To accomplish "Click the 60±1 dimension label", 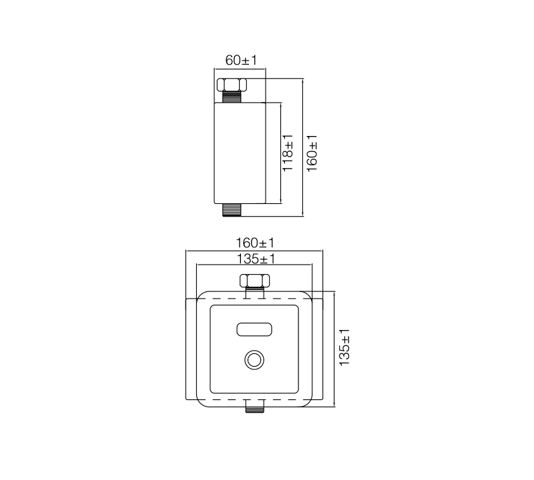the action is (241, 60).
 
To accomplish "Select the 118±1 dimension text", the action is (288, 153).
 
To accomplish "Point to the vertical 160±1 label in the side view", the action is (312, 153).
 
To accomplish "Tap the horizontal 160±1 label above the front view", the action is (255, 243).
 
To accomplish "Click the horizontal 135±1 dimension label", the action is (256, 259).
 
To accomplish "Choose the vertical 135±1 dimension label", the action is (344, 347).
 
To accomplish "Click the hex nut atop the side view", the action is (232, 85).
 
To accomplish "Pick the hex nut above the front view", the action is (255, 281).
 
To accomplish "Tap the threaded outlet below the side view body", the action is (232, 210).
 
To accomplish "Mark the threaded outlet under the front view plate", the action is (255, 406).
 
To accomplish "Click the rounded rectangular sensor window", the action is (254, 329).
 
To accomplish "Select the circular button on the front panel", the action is (254, 360).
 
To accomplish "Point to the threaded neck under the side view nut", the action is (232, 97).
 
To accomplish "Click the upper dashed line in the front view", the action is (254, 299).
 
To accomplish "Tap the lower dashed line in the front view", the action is (254, 399).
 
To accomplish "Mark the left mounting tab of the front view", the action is (191, 349).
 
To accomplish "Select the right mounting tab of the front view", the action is (318, 349).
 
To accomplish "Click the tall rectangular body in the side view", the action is (240, 153).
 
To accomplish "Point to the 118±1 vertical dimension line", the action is (280, 153).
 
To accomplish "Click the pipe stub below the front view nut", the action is (255, 292).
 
